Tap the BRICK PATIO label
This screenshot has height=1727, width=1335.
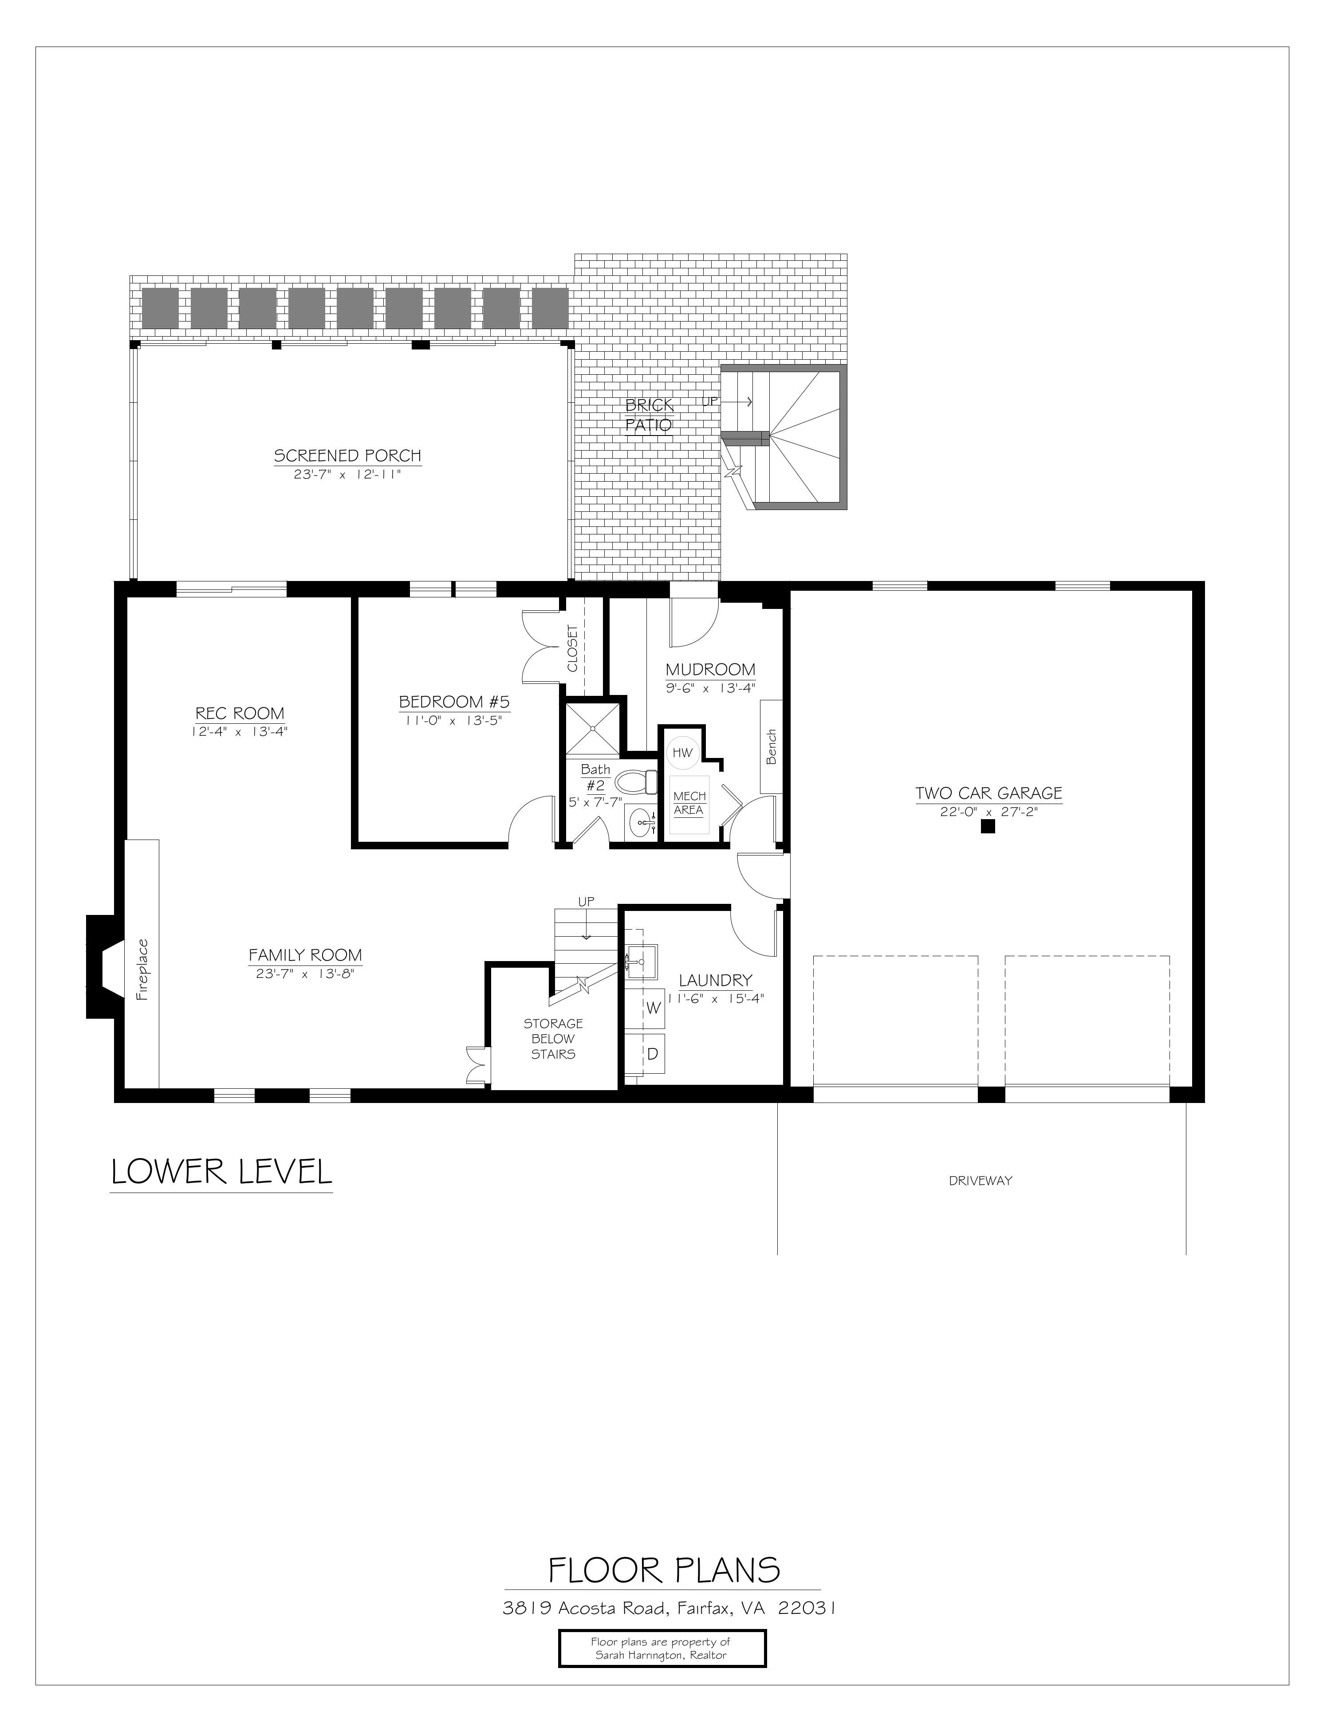click(649, 415)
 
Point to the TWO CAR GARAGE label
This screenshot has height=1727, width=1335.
click(988, 793)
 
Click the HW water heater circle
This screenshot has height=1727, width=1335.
click(682, 753)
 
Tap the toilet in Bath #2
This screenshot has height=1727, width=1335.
click(637, 783)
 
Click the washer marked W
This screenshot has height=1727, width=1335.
click(653, 1008)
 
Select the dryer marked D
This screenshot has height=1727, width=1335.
click(653, 1054)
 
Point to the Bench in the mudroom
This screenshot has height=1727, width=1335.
click(771, 746)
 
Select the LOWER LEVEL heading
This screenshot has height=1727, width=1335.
click(221, 1172)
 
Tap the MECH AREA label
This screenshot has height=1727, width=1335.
click(689, 803)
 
